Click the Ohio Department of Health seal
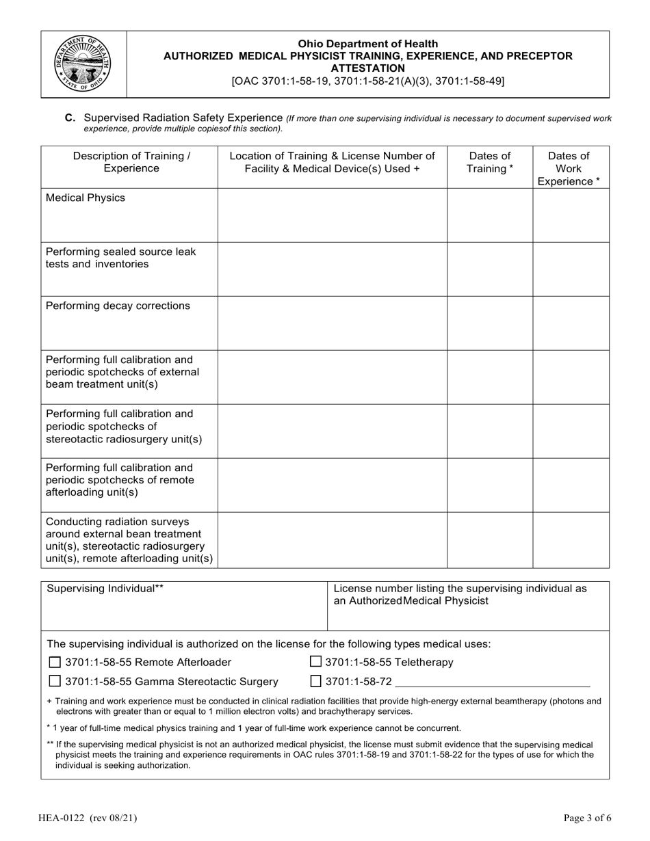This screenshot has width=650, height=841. pyautogui.click(x=83, y=64)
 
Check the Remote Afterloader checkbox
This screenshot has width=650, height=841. pyautogui.click(x=55, y=663)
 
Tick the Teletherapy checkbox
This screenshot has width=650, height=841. pyautogui.click(x=315, y=661)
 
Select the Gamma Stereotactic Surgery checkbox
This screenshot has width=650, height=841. pyautogui.click(x=55, y=682)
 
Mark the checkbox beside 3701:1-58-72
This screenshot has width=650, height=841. pyautogui.click(x=315, y=681)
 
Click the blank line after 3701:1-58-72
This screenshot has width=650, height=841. pyautogui.click(x=492, y=683)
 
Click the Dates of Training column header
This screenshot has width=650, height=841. pyautogui.click(x=489, y=162)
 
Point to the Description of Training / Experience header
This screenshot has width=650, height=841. pyautogui.click(x=131, y=162)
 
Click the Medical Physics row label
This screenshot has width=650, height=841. pyautogui.click(x=86, y=198)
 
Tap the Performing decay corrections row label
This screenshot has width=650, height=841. pyautogui.click(x=118, y=306)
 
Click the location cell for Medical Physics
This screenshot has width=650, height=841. pyautogui.click(x=332, y=215)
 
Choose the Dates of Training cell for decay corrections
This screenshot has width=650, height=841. pyautogui.click(x=489, y=323)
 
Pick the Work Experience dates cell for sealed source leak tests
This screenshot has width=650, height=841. pyautogui.click(x=571, y=269)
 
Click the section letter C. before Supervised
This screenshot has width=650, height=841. pyautogui.click(x=70, y=118)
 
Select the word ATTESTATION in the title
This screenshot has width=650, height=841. pyautogui.click(x=367, y=68)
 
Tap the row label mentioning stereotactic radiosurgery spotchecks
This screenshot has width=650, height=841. pyautogui.click(x=124, y=427)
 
